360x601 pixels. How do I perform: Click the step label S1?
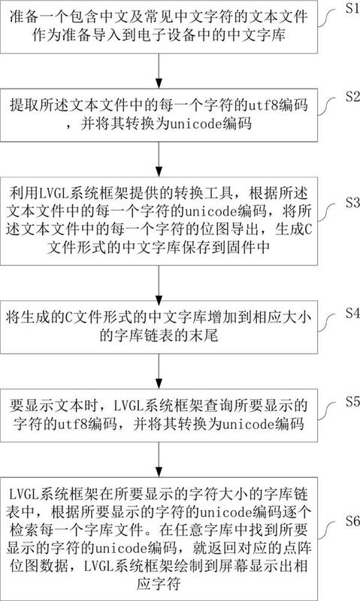352,8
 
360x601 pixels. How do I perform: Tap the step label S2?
352,97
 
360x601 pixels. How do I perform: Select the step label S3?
352,202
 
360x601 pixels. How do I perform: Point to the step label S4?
352,313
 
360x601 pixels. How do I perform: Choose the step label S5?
352,401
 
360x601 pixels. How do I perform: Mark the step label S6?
352,521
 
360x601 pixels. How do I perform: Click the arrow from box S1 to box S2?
159,71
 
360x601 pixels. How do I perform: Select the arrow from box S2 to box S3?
159,159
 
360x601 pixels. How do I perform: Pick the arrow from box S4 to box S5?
159,371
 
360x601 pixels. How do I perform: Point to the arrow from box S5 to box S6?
159,459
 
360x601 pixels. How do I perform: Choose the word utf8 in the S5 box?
72,424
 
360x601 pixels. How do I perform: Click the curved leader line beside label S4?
330,321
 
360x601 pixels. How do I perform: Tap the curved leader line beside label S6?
330,528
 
